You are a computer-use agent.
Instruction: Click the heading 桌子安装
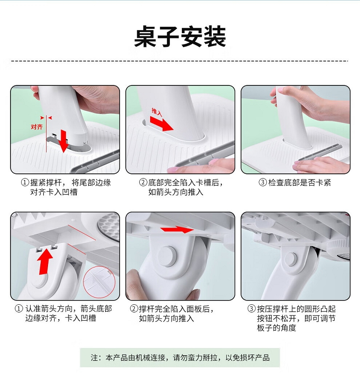180,37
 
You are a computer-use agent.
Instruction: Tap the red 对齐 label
37,127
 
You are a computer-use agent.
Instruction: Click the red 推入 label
157,112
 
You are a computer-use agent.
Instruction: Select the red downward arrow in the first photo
64,141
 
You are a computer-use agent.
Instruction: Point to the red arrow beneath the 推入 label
161,124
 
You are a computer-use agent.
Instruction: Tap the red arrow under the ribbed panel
177,230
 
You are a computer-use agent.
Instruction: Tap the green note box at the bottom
180,358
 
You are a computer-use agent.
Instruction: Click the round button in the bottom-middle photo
168,256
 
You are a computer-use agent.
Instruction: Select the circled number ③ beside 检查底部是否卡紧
262,182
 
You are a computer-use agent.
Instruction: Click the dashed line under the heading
180,61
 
